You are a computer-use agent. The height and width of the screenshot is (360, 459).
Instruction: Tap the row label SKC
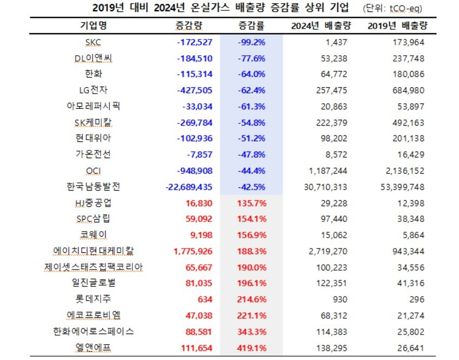tap(93, 42)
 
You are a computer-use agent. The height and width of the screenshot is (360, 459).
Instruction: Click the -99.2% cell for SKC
tap(251, 42)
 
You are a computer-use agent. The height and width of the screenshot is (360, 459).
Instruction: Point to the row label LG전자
tap(93, 90)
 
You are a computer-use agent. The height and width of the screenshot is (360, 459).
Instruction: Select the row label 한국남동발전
tap(93, 187)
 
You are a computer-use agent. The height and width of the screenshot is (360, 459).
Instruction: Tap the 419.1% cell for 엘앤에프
tap(252, 346)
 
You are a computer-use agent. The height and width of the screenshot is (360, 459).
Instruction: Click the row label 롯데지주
tap(93, 298)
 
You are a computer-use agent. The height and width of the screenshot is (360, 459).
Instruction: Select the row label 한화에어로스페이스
tap(93, 330)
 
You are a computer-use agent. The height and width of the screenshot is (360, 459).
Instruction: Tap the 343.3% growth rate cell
tap(252, 330)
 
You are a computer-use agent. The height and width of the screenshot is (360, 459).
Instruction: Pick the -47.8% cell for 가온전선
tap(251, 154)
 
